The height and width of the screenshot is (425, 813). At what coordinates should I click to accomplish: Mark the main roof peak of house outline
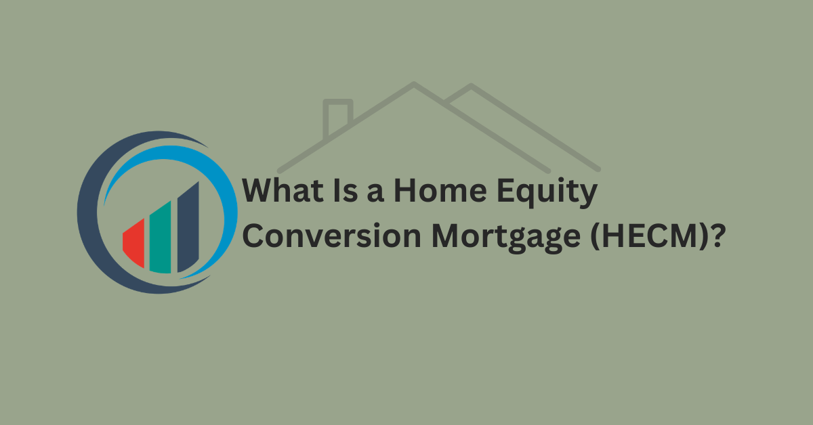point(413,85)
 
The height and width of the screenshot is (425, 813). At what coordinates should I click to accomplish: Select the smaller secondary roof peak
point(470,87)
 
